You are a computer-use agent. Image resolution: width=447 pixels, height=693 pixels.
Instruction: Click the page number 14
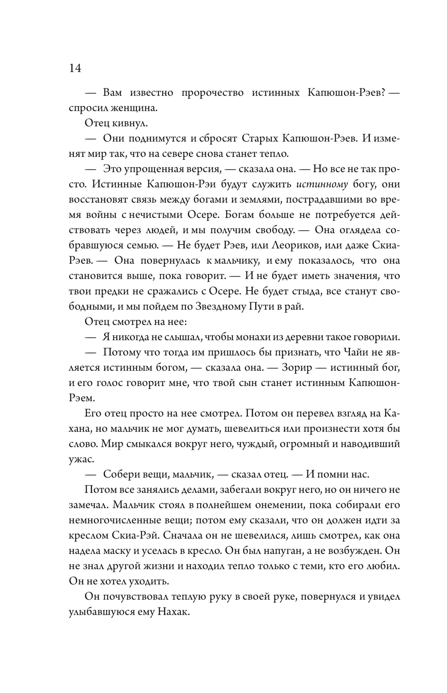coord(75,68)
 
